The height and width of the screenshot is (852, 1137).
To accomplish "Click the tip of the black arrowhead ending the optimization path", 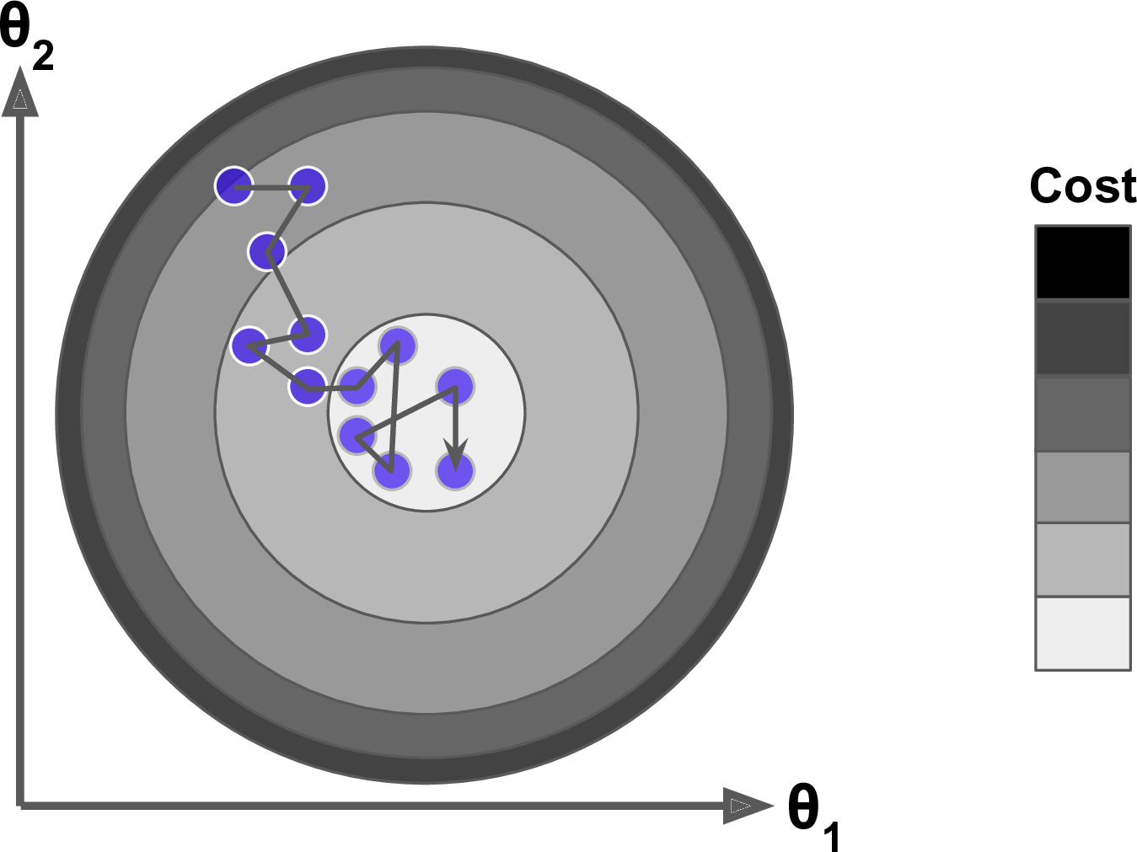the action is pos(455,470).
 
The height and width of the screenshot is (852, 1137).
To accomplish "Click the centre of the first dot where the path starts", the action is pos(234,186).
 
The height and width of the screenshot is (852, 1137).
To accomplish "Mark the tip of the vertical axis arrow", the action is pos(20,67).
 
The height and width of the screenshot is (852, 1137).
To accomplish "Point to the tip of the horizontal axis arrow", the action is pos(774,806).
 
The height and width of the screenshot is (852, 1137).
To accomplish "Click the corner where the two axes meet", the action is pos(20,806).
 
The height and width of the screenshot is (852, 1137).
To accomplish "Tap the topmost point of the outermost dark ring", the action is pos(425,46).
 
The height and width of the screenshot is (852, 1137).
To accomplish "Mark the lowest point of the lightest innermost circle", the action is pos(426,512).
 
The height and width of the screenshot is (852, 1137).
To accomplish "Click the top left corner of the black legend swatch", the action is pos(1036,226).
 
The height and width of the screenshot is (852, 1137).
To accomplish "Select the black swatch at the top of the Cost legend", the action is pos(1083,263).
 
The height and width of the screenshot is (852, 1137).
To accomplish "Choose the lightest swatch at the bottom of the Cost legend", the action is pos(1083,634).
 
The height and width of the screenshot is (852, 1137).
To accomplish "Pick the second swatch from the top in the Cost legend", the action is pos(1083,338).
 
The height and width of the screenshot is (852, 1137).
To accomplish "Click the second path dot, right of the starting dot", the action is pos(308,186).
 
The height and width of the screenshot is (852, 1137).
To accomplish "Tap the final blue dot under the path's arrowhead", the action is pos(455,471).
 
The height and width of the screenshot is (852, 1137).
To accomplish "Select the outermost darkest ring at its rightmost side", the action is pos(782,415).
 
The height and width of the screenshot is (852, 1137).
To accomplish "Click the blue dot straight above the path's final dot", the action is pos(455,386).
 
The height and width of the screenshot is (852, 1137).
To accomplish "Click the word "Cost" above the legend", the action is pos(1083,185).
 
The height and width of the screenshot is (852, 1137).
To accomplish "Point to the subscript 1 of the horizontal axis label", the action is pos(831,836).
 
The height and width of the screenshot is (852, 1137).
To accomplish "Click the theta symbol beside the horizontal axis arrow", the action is pos(803,805).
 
